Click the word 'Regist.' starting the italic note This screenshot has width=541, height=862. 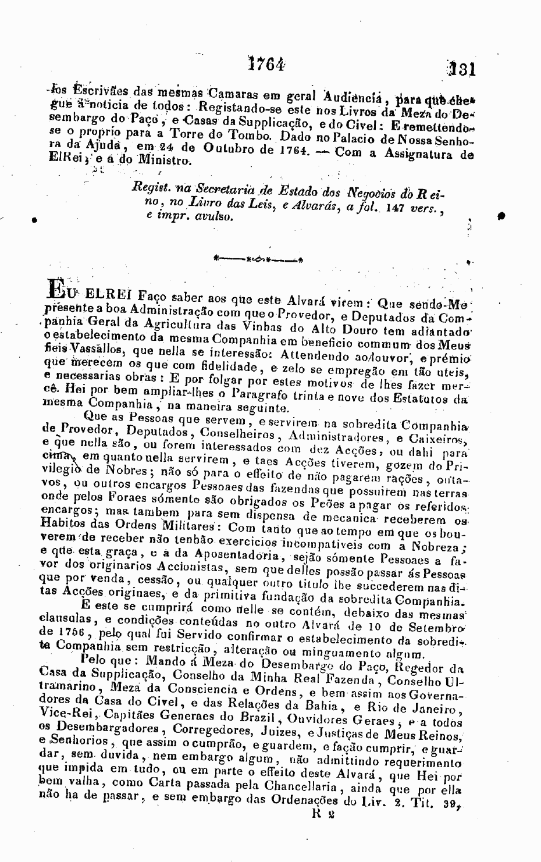point(149,187)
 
